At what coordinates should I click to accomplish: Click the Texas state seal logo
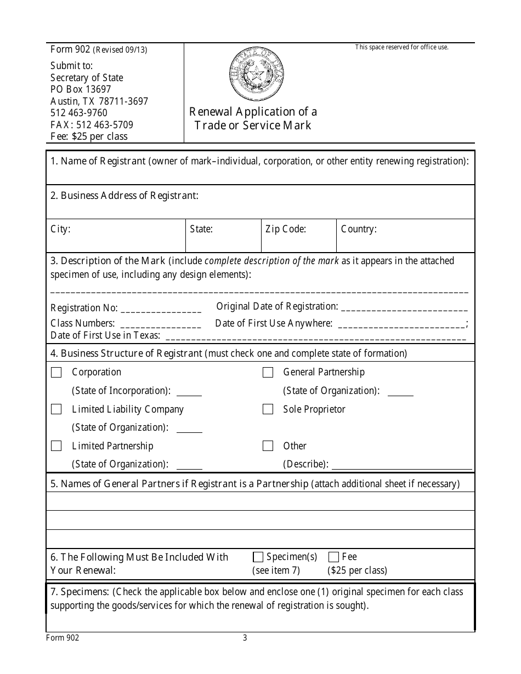click(x=256, y=72)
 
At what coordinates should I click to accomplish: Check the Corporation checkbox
click(x=56, y=373)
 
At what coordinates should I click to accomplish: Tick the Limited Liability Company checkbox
click(x=56, y=409)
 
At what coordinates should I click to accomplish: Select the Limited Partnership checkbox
click(x=56, y=446)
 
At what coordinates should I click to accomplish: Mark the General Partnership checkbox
click(x=268, y=373)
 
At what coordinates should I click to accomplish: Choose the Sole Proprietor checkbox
click(x=268, y=409)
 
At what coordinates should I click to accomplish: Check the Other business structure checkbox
click(x=268, y=446)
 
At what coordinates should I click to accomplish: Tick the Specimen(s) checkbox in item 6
click(x=258, y=557)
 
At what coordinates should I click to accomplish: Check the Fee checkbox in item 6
click(x=333, y=557)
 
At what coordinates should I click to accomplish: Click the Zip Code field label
click(x=286, y=229)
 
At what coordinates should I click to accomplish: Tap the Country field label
click(x=359, y=229)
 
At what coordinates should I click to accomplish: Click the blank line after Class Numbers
click(x=160, y=324)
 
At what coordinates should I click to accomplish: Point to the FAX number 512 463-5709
click(x=92, y=125)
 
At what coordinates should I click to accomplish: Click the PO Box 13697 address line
click(x=81, y=89)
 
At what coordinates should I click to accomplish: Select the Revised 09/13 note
click(x=120, y=50)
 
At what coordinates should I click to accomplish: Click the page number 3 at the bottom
click(x=245, y=638)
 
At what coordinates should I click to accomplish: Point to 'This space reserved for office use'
click(x=401, y=47)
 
